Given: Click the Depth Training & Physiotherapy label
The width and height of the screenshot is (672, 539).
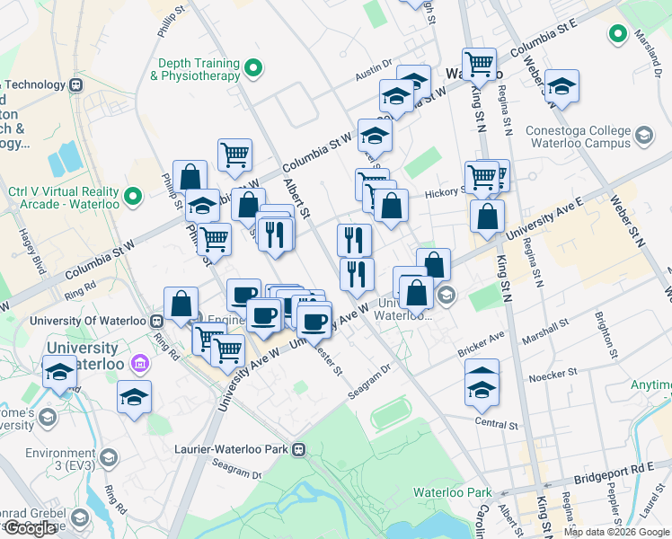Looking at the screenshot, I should (x=198, y=70).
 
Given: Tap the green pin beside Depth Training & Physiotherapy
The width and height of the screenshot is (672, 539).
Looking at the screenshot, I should (x=254, y=67).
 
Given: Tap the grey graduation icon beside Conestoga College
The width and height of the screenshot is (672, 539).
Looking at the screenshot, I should (x=643, y=136).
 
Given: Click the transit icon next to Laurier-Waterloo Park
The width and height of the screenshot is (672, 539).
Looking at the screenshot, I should (x=305, y=448).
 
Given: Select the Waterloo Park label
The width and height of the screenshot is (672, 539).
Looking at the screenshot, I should (x=453, y=492).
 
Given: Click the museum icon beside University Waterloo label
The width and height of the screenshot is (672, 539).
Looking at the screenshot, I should (x=139, y=363).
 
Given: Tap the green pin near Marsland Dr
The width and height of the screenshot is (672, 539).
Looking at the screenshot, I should (x=617, y=35).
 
